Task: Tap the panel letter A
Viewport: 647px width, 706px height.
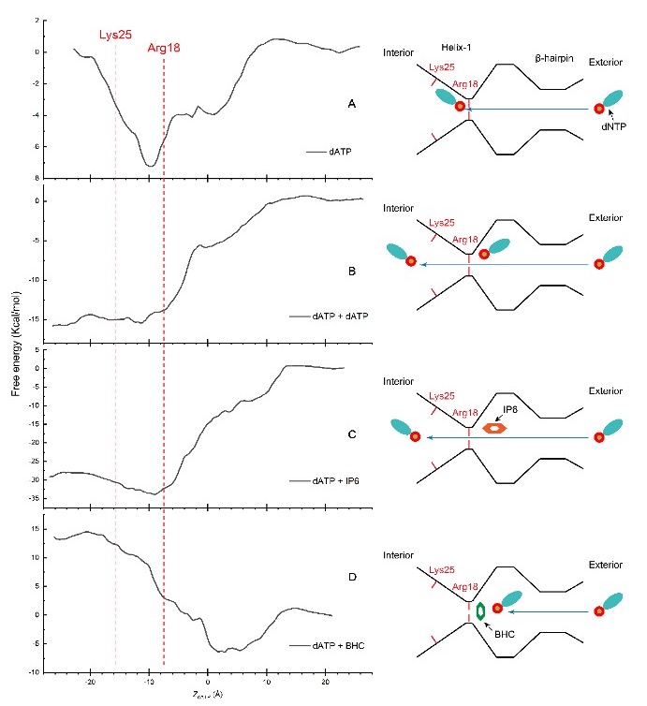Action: pyautogui.click(x=351, y=104)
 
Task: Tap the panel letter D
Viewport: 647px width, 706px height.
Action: pyautogui.click(x=351, y=577)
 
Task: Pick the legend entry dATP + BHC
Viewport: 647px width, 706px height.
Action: pyautogui.click(x=329, y=646)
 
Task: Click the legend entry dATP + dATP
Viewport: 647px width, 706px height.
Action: pyautogui.click(x=328, y=316)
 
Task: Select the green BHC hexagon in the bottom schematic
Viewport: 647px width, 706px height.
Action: pyautogui.click(x=481, y=610)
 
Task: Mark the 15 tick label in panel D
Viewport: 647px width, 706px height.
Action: pyautogui.click(x=36, y=529)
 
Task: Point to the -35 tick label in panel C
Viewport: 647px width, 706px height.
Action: pyautogui.click(x=34, y=498)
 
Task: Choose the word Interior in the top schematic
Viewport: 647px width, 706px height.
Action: pyautogui.click(x=398, y=52)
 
